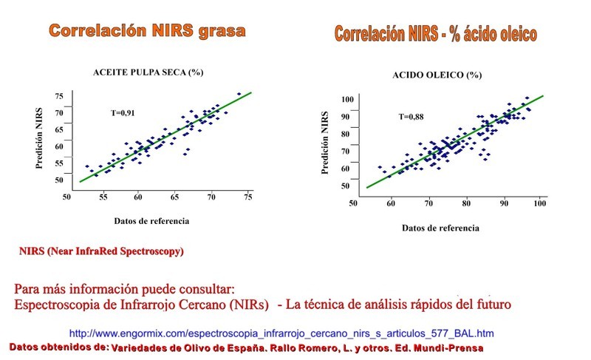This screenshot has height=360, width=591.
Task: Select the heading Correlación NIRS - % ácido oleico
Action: (436, 33)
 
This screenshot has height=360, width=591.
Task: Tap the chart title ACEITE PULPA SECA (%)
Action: (148, 72)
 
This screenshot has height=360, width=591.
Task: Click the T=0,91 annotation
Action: (123, 112)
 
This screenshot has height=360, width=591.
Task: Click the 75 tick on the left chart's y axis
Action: (59, 96)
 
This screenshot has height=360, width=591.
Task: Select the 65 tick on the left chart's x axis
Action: (175, 197)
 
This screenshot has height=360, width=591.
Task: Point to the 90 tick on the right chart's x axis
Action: (504, 203)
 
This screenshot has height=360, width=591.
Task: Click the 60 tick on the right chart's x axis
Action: (392, 203)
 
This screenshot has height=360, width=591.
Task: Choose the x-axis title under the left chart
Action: (151, 220)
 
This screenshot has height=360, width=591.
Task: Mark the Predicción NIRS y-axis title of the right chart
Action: (325, 143)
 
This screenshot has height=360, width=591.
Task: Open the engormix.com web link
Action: (281, 333)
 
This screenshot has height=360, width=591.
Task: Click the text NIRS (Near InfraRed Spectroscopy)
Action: (101, 251)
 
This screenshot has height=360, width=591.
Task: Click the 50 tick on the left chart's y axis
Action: (59, 180)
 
